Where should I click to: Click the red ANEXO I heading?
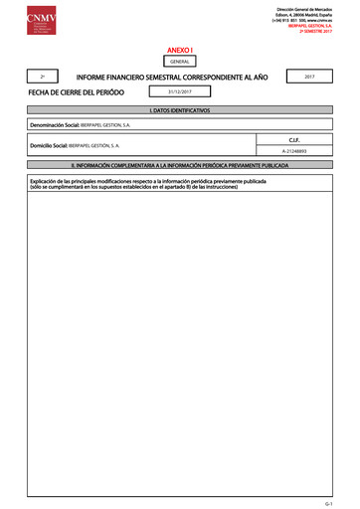pyautogui.click(x=180, y=48)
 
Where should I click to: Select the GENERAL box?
pyautogui.click(x=180, y=61)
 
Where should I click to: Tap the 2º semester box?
pyautogui.click(x=42, y=76)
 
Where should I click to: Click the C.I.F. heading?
pyautogui.click(x=307, y=140)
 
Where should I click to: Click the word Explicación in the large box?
pyautogui.click(x=48, y=182)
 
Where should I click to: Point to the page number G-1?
pyautogui.click(x=341, y=504)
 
